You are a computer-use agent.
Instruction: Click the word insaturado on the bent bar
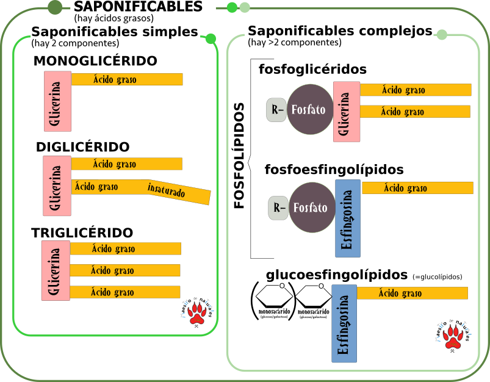pos(167,190)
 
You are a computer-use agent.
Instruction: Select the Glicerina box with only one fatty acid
pos(58,101)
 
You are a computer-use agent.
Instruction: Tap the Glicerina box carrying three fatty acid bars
pos(56,270)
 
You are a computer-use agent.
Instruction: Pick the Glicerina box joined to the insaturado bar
pos(57,186)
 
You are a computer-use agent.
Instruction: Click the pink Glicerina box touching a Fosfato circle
pos(347,112)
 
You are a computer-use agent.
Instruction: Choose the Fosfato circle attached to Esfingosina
pos(311,207)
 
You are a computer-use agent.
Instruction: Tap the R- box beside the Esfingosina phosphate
pos(279,207)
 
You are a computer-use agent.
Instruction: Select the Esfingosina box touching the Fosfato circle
pos(348,218)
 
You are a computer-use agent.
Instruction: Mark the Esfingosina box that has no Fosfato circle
pos(344,323)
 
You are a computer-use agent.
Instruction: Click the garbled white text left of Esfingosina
pos(289,309)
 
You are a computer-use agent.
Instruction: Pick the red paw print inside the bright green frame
pos(197,313)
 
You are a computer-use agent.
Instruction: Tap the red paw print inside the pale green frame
pos(453,336)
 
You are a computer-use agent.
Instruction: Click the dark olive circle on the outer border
pos(55,7)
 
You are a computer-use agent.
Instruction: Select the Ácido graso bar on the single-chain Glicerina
pos(127,79)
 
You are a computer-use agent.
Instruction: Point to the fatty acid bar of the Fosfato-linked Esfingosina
pos(417,188)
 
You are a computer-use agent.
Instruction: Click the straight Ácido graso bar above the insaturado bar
pos(126,164)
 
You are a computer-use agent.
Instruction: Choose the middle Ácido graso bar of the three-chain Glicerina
pos(125,270)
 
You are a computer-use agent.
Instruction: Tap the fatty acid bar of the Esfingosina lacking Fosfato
pos(412,294)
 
